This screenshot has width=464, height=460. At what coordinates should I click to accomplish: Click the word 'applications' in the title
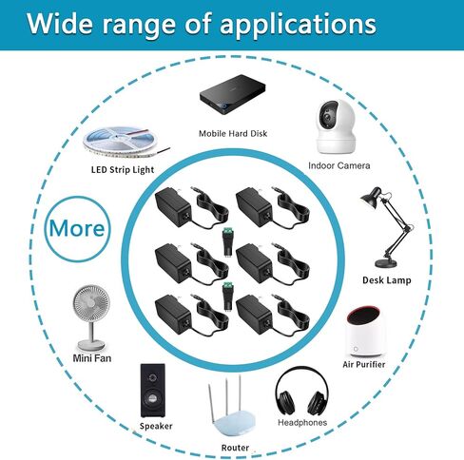click(298, 25)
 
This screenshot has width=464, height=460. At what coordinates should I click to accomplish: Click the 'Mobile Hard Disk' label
click(233, 133)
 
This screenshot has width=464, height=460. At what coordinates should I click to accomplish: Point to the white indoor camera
click(336, 127)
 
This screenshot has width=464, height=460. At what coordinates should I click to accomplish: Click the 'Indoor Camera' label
click(339, 165)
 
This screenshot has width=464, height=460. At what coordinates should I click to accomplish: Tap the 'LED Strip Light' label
click(123, 170)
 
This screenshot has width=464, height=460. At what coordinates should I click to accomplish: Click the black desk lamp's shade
click(371, 198)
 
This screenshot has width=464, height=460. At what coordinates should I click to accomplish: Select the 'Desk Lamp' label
click(387, 280)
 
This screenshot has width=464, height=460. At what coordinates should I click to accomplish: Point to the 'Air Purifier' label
click(364, 364)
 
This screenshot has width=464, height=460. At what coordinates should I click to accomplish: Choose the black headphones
click(301, 392)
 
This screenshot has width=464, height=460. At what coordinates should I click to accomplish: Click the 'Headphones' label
click(302, 422)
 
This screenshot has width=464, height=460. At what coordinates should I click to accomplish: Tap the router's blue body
click(235, 425)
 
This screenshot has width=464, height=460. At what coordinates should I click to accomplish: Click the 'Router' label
click(235, 448)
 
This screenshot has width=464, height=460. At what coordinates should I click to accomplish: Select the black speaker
click(153, 391)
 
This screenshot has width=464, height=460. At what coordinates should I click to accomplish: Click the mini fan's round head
click(91, 303)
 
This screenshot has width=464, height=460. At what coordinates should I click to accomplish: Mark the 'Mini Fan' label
click(92, 358)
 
